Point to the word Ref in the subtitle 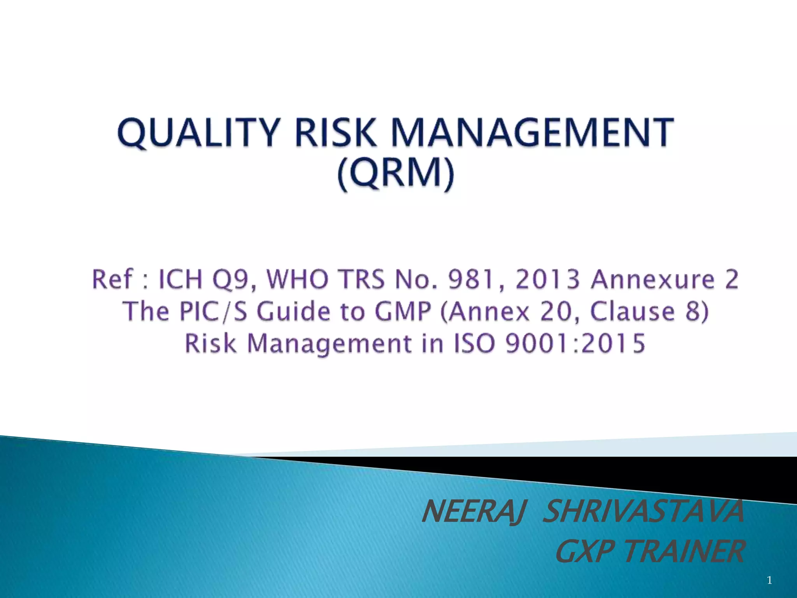tap(112, 280)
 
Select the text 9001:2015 tap(575, 343)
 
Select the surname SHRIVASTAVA tap(643, 512)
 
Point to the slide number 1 tap(769, 580)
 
